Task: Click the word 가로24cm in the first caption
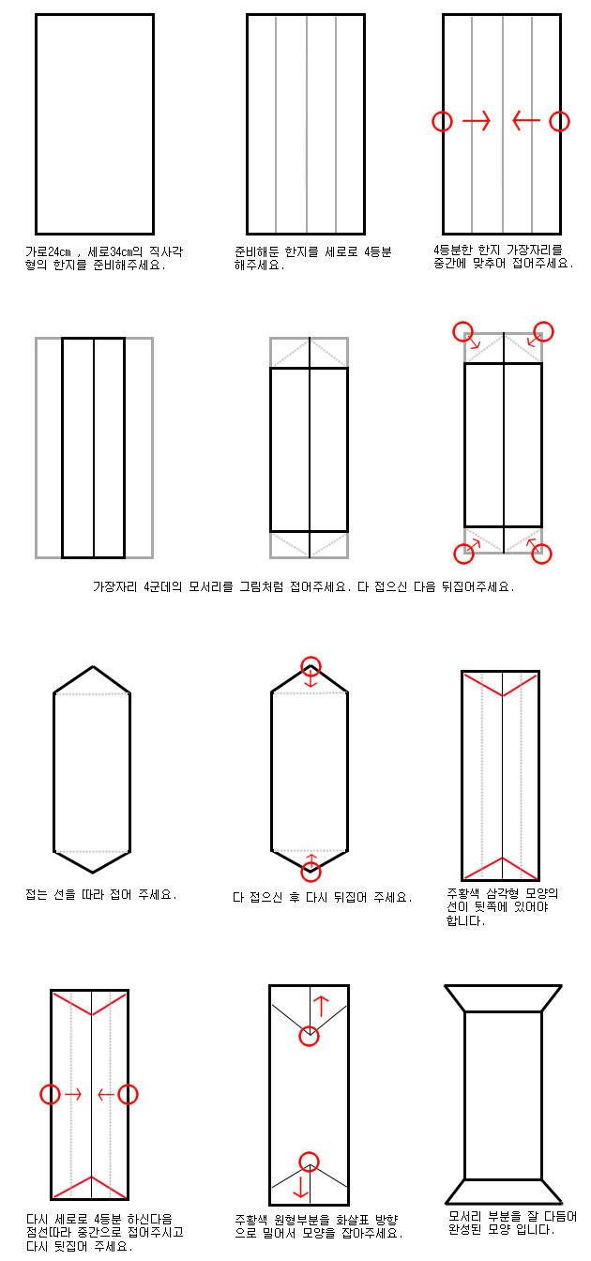tap(48, 251)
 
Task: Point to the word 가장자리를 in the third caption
tap(534, 250)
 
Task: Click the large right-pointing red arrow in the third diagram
tap(477, 120)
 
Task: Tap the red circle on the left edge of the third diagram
tap(443, 121)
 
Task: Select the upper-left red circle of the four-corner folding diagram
tap(463, 331)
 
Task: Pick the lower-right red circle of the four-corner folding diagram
tap(541, 554)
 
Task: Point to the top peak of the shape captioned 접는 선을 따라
tap(93, 667)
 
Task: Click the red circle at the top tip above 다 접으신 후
tap(311, 667)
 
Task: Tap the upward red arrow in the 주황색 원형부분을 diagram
tap(321, 1006)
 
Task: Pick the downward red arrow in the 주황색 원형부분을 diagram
tap(301, 1186)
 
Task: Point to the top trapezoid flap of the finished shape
tap(503, 998)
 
